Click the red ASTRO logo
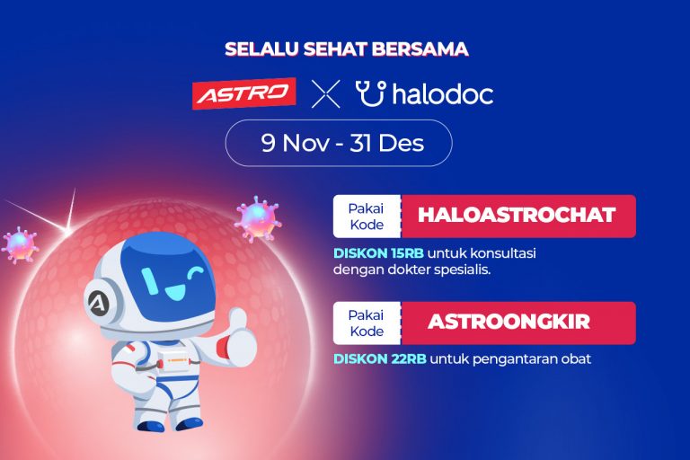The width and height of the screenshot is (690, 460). [244, 93]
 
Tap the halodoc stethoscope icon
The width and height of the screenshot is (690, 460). [371, 93]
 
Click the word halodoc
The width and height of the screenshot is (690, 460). [443, 93]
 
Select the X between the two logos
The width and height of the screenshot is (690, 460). [325, 93]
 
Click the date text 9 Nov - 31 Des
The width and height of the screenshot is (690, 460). [342, 143]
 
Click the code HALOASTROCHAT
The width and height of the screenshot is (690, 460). [517, 215]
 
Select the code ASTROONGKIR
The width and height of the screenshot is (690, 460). [509, 322]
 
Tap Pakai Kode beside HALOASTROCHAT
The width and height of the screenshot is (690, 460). [367, 217]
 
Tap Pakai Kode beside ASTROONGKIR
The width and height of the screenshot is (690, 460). [367, 323]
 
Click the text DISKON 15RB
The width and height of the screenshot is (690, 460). [378, 253]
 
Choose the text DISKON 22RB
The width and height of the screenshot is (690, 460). [380, 359]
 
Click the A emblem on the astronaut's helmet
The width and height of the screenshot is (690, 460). [98, 303]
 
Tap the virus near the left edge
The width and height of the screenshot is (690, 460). [20, 245]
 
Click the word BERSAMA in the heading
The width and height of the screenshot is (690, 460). [420, 49]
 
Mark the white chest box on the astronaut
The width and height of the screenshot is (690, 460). [173, 361]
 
